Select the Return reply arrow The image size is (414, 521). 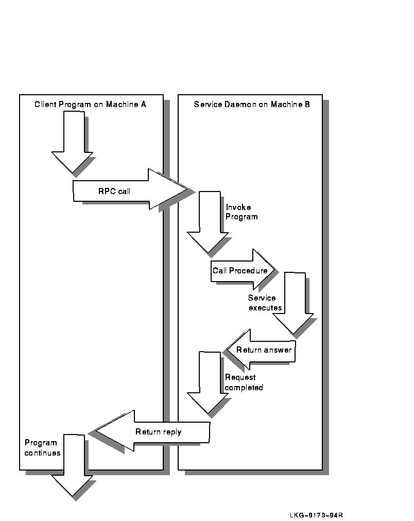(154, 431)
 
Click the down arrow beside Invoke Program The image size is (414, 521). (207, 221)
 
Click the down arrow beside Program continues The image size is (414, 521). (72, 466)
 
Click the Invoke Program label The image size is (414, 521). (242, 212)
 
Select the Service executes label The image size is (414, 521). (265, 303)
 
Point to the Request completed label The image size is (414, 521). (244, 383)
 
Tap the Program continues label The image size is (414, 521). (42, 448)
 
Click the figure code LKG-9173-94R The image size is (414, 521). (316, 515)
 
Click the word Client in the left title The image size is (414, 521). (45, 104)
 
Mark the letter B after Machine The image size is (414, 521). (307, 104)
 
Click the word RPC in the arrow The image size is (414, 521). (106, 192)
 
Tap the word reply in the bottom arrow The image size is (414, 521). (172, 432)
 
